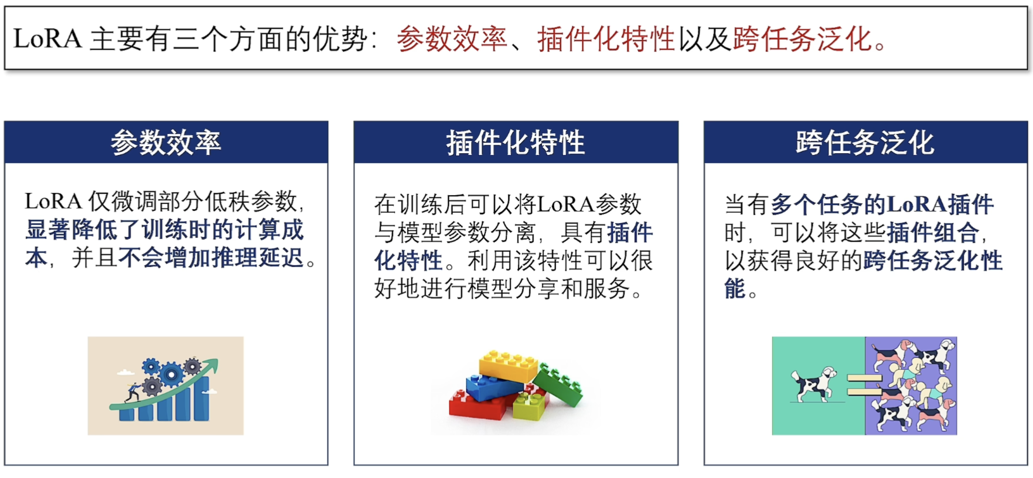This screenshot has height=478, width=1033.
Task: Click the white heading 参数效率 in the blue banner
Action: (x=166, y=143)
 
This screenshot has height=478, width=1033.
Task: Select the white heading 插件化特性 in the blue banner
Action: (x=515, y=143)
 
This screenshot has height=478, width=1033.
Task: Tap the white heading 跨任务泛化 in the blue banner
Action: (x=865, y=143)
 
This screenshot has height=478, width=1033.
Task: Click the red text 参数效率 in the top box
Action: (x=452, y=39)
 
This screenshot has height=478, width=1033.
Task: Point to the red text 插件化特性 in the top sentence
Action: (x=606, y=39)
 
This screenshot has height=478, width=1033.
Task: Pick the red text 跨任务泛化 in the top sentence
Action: (x=803, y=39)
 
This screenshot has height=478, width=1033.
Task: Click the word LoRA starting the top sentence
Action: (x=48, y=38)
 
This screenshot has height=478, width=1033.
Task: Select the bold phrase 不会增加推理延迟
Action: (x=211, y=258)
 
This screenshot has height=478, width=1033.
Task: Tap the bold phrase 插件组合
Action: (x=933, y=232)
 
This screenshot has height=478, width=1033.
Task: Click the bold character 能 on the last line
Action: (x=735, y=289)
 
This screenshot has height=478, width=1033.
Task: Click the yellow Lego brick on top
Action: (x=509, y=365)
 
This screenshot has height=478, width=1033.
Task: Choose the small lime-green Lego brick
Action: (x=529, y=406)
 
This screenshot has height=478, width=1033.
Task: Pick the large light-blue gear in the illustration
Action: (x=171, y=374)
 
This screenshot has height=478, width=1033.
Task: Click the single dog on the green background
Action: (x=814, y=383)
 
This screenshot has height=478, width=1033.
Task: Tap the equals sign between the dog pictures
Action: (x=865, y=384)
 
